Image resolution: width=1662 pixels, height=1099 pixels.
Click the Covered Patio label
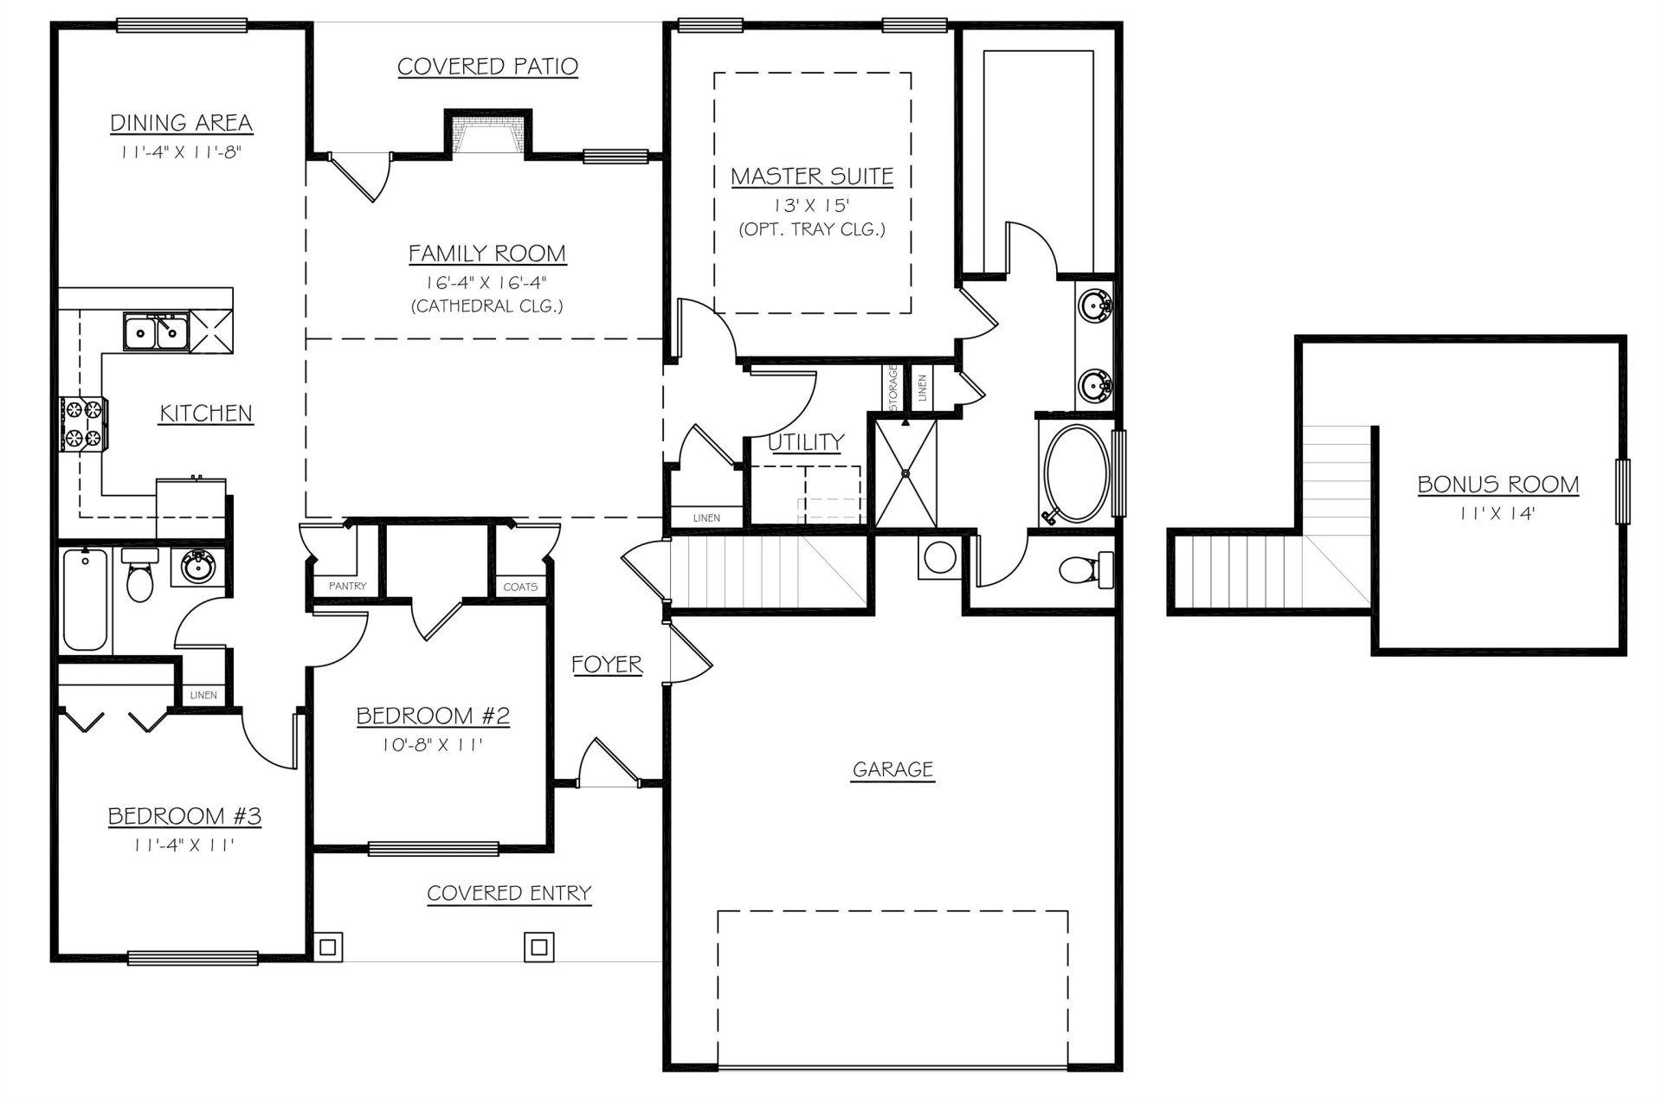coord(487,67)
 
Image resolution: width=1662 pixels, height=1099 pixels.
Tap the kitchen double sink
coord(156,331)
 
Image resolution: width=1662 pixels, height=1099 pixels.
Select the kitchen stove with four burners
coord(83,423)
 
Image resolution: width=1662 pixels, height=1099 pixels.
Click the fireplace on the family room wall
coord(488,136)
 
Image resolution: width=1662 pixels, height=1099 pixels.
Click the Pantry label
coord(347,586)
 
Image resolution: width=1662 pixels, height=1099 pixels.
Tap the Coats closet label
coord(520,587)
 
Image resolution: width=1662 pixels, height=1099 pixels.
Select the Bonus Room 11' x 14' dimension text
coord(1498,513)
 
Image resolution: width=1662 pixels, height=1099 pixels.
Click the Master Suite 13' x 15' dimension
coord(811,206)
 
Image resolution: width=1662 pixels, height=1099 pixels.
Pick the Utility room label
coord(805,442)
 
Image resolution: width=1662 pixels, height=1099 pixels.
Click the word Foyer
coord(607,665)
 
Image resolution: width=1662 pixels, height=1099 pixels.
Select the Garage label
coord(892,768)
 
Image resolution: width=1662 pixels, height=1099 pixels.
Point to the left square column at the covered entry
coord(327,947)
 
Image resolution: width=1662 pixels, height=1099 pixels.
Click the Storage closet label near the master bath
coord(892,387)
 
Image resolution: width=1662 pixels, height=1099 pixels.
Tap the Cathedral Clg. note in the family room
coord(486,305)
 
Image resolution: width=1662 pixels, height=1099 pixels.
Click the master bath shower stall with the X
coord(905,473)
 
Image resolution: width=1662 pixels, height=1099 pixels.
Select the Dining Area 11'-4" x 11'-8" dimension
coord(180,152)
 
